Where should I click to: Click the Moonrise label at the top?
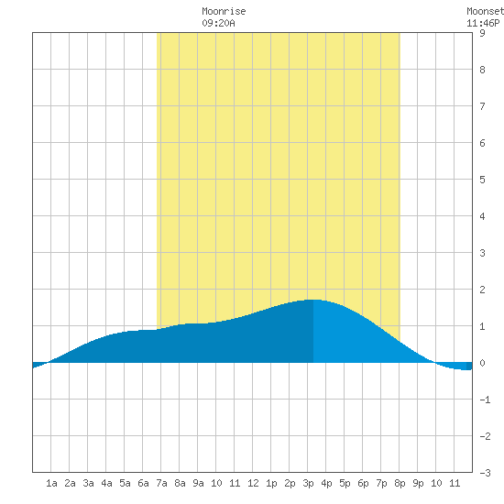point(224,11)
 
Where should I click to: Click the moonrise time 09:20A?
point(219,23)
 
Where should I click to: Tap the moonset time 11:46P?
point(483,23)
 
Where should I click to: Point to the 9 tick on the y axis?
point(482,33)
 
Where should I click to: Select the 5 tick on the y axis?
point(482,180)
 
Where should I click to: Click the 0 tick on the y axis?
point(482,363)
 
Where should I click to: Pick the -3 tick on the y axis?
point(485,473)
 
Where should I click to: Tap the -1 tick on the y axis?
point(485,400)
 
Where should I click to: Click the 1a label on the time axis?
point(51,483)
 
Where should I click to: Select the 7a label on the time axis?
point(161,483)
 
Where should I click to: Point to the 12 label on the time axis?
point(253,483)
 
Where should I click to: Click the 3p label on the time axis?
point(308,483)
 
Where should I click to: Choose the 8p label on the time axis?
point(400,483)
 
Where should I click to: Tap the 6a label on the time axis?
point(143,483)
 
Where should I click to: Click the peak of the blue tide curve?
point(313,300)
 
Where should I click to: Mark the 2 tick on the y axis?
point(482,290)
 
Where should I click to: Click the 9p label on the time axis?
point(418,483)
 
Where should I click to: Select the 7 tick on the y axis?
point(482,106)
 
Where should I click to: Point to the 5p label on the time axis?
point(345,483)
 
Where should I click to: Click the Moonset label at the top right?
point(485,11)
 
